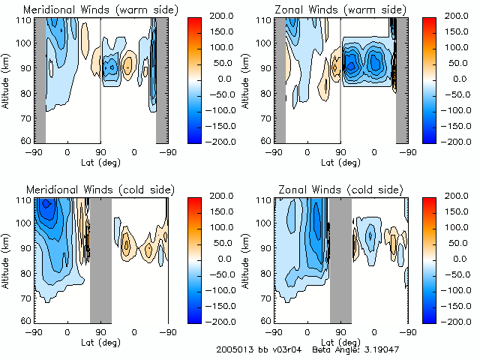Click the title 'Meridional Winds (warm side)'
[x=100, y=10]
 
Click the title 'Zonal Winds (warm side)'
[x=340, y=10]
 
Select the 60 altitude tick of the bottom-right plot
[x=265, y=321]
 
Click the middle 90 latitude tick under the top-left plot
[x=100, y=151]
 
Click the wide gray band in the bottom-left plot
[x=100, y=259]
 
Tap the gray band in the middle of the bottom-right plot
[x=340, y=259]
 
